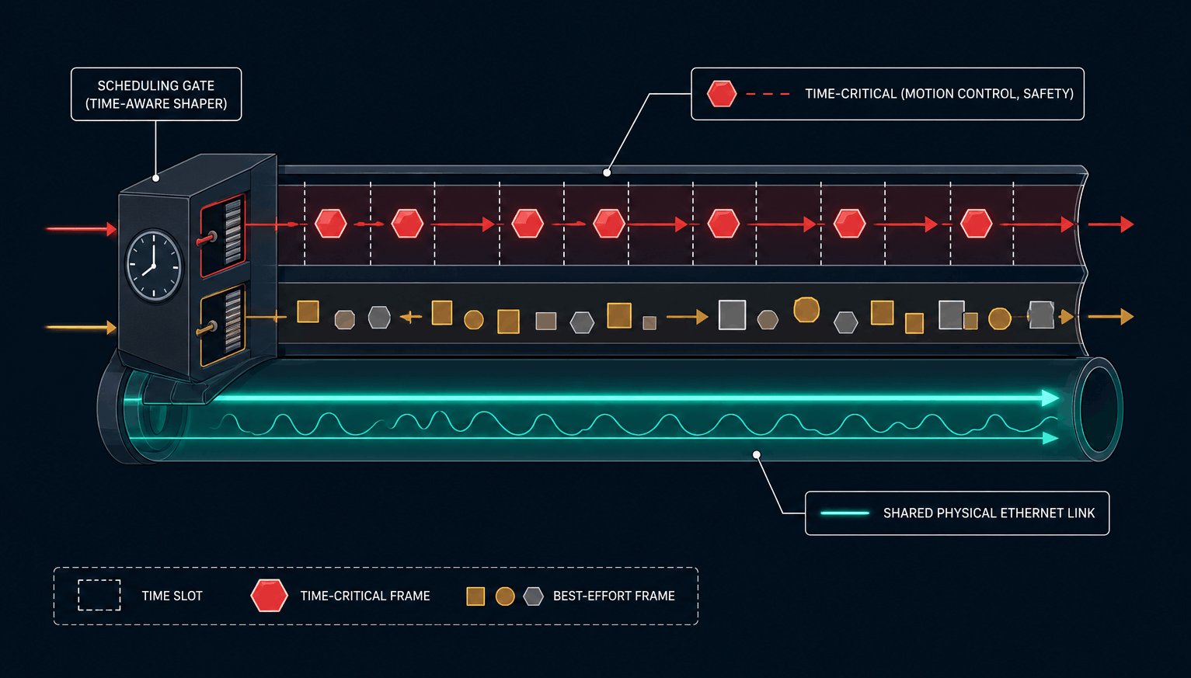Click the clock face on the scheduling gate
[x=154, y=266]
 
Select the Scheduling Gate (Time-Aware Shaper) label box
[x=156, y=94]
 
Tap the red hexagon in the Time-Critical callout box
[x=722, y=93]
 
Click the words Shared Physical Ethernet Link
[x=989, y=513]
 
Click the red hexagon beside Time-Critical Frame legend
[x=269, y=596]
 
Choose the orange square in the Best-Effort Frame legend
[x=475, y=596]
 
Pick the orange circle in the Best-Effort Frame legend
[x=505, y=596]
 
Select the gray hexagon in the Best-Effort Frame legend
[x=533, y=596]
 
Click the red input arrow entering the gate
[x=82, y=229]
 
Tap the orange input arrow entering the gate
[x=82, y=327]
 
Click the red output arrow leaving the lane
[x=1111, y=224]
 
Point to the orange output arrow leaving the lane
[x=1111, y=317]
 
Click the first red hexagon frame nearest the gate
[x=331, y=223]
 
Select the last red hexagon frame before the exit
[x=977, y=223]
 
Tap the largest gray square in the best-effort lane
[x=732, y=315]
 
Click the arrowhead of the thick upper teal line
[x=1050, y=398]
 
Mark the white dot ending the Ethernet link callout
[x=757, y=454]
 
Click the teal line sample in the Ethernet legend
[x=844, y=513]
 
